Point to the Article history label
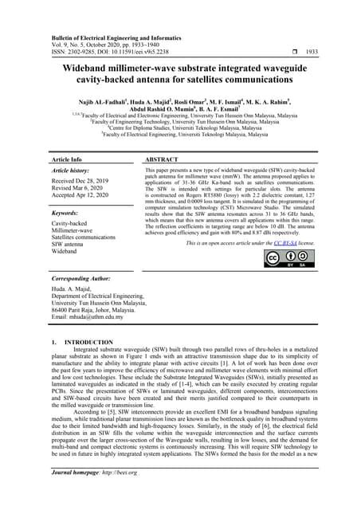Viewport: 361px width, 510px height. tap(73, 172)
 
